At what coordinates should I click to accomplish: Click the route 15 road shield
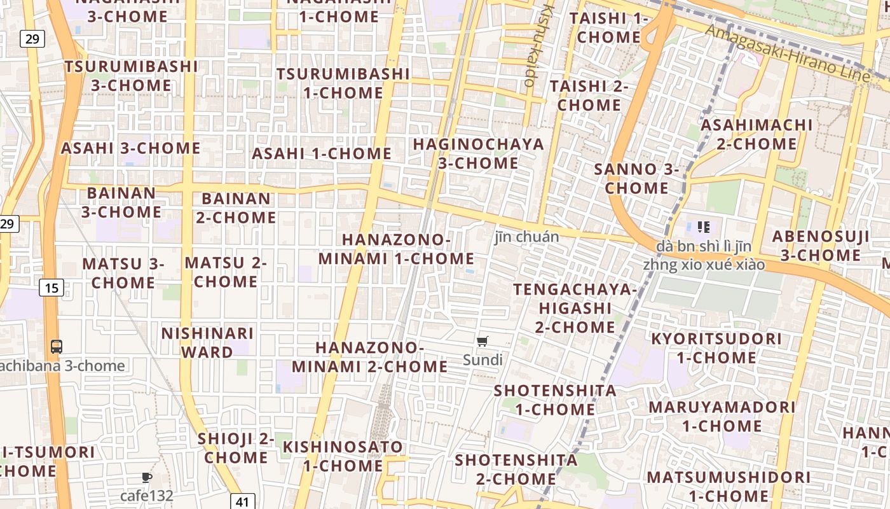tap(51, 288)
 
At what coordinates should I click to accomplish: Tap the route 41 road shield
tap(242, 501)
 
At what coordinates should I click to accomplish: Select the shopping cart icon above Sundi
tap(483, 342)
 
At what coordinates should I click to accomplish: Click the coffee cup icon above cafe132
tap(147, 477)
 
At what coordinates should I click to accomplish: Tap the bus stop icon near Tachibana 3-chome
tap(57, 347)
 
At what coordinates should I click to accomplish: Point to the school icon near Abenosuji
tap(703, 227)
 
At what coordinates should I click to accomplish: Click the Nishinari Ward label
tap(207, 342)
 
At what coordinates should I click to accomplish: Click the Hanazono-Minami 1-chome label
tap(396, 249)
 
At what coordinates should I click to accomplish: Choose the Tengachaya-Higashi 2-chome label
tap(575, 308)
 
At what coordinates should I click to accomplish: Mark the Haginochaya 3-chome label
tap(478, 153)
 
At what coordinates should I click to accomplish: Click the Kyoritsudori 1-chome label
tap(716, 348)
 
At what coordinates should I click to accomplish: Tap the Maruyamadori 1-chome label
tap(722, 416)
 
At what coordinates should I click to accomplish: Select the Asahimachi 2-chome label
tap(756, 134)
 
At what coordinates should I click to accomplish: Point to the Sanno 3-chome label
tap(636, 179)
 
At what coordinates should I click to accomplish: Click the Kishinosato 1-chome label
tap(343, 456)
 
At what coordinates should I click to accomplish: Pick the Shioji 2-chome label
tap(236, 448)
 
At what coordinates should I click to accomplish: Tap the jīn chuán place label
tap(527, 237)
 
